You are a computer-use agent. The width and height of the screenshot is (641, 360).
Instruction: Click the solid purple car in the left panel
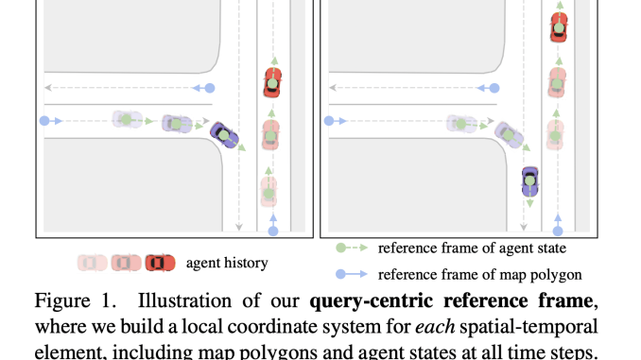(223, 134)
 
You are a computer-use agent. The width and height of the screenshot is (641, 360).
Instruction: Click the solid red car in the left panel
(272, 82)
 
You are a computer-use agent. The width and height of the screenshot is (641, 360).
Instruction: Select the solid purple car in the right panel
(530, 180)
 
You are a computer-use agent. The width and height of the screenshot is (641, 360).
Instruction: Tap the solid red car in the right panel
(559, 26)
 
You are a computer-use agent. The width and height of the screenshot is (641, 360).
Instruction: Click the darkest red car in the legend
(160, 262)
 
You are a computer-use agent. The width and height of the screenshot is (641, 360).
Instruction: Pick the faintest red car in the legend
(93, 262)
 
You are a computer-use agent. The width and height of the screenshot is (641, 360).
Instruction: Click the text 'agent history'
(227, 263)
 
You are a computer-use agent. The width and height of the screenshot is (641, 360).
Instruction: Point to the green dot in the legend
(342, 249)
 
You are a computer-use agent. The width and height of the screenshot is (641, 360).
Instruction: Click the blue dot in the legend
(342, 275)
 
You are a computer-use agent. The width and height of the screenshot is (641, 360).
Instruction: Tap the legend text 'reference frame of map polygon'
(479, 275)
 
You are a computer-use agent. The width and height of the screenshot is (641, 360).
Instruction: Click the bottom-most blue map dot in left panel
(274, 230)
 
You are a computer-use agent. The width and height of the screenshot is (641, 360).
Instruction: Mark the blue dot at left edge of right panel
(329, 121)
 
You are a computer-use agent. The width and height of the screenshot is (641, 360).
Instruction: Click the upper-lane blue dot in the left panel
(210, 88)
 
